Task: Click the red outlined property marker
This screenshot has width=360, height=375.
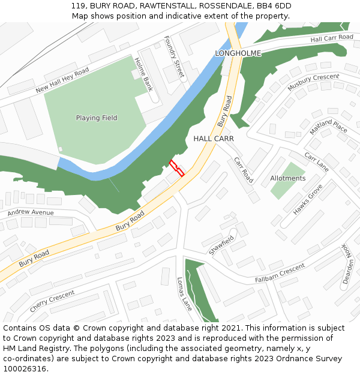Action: (x=176, y=167)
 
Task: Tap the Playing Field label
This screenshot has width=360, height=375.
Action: (x=97, y=118)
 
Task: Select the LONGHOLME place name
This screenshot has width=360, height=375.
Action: (x=238, y=53)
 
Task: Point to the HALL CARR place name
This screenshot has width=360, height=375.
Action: (x=213, y=139)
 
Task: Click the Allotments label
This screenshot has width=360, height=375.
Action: (x=288, y=178)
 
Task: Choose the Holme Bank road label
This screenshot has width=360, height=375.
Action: (x=144, y=74)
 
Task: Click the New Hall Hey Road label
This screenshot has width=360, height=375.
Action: (x=62, y=80)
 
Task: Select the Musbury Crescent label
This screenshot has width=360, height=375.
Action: (x=313, y=82)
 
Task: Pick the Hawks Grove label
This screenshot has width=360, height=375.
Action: (x=308, y=200)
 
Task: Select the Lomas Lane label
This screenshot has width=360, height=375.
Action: (x=184, y=293)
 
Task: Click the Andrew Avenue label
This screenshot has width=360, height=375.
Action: (x=30, y=212)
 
